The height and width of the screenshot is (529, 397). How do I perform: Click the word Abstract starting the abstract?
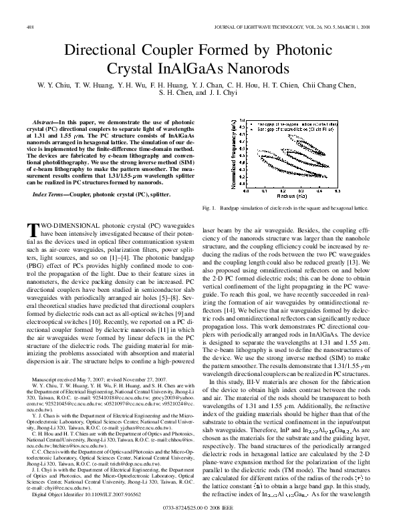coord(46,123)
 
